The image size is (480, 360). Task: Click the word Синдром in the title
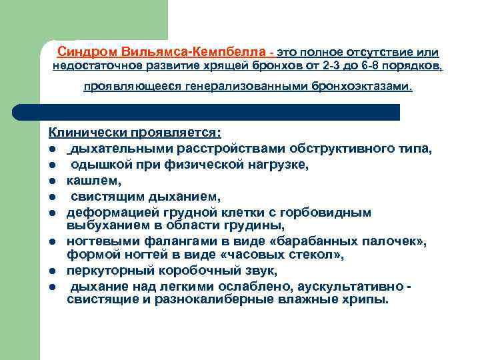pyautogui.click(x=83, y=51)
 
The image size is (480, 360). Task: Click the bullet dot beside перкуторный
pyautogui.click(x=51, y=272)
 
